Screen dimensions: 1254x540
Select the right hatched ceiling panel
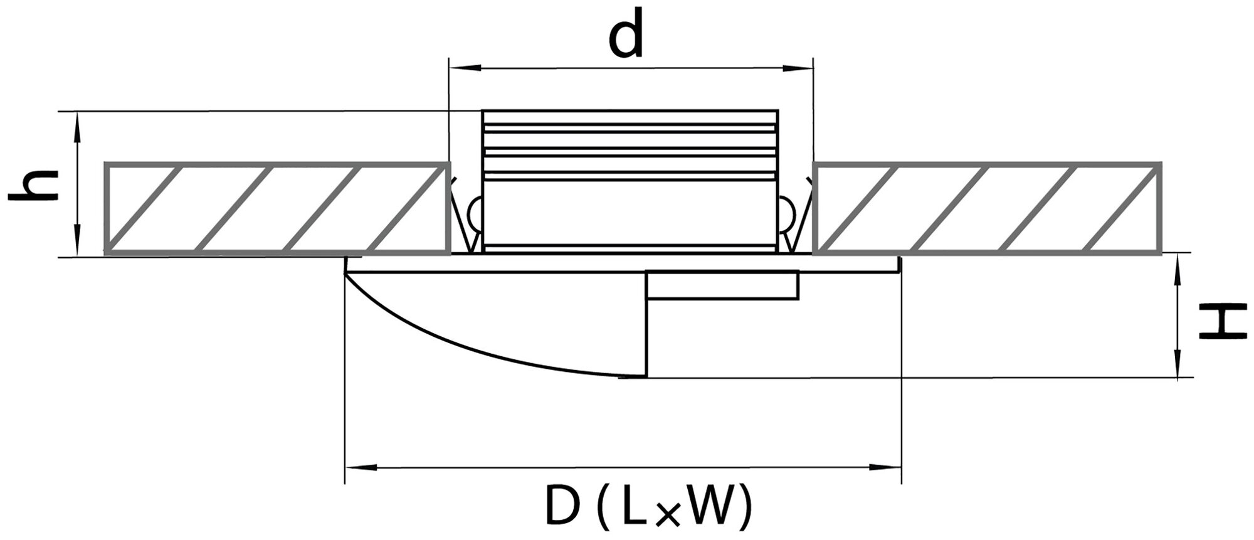(987, 208)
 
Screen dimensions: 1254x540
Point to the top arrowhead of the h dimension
(78, 123)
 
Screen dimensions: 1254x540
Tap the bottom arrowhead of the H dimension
(1178, 366)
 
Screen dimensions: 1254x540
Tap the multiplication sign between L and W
(669, 512)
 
